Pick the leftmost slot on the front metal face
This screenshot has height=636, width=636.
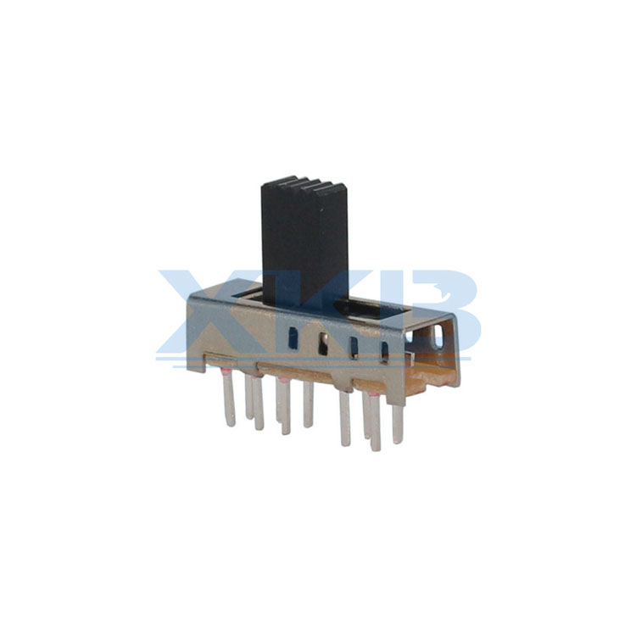coord(293,338)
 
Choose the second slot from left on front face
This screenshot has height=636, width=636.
coord(323,344)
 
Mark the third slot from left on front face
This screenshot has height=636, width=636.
coord(354,348)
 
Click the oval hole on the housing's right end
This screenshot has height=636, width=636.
coord(438,336)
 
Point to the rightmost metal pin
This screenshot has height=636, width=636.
coord(397,422)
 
